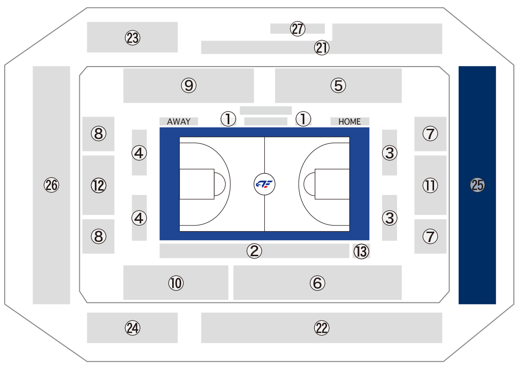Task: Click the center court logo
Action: tap(264, 184)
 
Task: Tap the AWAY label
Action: tap(179, 122)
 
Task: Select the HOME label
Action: tap(350, 122)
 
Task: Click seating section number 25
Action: tap(477, 185)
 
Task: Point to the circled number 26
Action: tap(51, 185)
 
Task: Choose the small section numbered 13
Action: tap(361, 251)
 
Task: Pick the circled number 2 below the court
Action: tap(254, 251)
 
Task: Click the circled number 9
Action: tap(189, 85)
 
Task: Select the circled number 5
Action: tap(338, 85)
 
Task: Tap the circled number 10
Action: tap(176, 283)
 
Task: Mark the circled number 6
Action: tap(318, 283)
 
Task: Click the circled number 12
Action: tap(99, 185)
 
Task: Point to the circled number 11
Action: tap(430, 185)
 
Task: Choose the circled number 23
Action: tap(133, 38)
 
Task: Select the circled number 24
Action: tap(133, 327)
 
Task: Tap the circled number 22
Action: tap(322, 327)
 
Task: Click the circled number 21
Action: tap(322, 48)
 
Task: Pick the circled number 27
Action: tap(298, 29)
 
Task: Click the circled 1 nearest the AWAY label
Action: tap(228, 119)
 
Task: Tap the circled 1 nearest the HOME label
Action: tap(303, 119)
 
